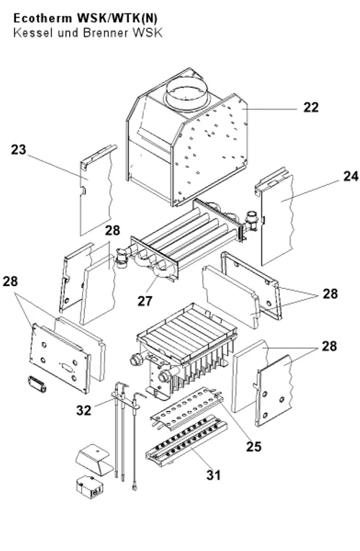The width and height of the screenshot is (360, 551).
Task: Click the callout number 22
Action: (311, 107)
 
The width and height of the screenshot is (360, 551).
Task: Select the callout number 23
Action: (19, 150)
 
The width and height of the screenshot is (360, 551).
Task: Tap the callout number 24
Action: (351, 176)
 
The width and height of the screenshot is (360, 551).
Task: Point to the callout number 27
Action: (145, 301)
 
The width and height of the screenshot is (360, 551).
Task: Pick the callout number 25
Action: (253, 447)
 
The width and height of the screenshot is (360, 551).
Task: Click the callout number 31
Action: (214, 475)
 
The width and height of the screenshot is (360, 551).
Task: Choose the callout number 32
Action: (84, 410)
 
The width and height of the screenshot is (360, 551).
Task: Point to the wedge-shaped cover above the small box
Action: (94, 456)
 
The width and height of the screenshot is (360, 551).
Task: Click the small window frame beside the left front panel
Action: (37, 385)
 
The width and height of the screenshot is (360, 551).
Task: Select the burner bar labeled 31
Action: (186, 441)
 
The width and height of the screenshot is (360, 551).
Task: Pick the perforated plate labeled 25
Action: (187, 407)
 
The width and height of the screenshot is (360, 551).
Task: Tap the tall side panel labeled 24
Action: (275, 217)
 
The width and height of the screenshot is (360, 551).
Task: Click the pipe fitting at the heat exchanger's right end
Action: (253, 220)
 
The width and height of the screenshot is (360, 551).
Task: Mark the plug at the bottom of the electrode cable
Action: (135, 487)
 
